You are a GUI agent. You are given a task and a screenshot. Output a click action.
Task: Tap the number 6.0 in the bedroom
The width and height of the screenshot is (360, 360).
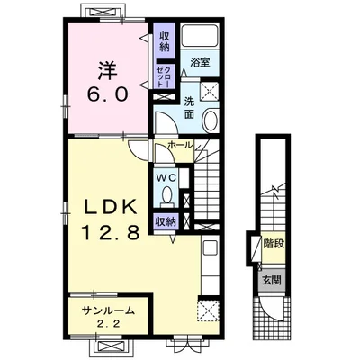tap(108, 94)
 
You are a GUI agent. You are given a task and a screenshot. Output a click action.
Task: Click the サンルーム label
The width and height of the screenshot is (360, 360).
tap(108, 310)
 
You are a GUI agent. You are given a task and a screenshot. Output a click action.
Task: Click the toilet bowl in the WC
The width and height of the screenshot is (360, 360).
tap(166, 194)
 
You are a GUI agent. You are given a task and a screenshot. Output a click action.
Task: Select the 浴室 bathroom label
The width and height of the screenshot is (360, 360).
tap(200, 62)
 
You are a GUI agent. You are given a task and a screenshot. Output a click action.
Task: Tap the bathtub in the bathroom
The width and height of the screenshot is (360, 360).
tap(199, 34)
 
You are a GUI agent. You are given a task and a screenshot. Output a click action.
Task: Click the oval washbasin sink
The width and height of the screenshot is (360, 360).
tap(210, 121)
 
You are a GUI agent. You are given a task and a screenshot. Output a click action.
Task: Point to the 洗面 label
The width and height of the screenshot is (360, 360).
tap(189, 108)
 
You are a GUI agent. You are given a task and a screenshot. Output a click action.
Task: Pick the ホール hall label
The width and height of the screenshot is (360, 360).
tap(180, 145)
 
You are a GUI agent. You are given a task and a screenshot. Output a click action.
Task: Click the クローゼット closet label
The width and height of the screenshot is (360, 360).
tap(164, 76)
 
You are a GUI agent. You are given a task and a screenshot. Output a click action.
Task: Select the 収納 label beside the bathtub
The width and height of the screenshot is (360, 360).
tap(164, 41)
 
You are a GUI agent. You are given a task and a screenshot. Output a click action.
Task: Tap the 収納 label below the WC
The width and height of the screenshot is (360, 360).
tap(165, 221)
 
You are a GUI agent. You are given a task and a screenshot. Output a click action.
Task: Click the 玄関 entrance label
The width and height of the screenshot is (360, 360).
tap(272, 280)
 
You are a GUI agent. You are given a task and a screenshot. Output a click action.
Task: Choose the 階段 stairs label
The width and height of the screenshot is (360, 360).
tap(274, 245)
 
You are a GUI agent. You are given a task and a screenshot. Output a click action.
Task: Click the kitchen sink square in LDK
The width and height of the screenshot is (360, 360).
tap(211, 247)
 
